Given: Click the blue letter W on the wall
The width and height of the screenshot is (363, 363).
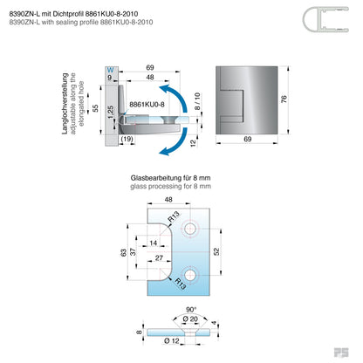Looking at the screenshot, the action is click(x=111, y=70).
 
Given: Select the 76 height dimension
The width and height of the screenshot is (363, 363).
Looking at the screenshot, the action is click(x=284, y=99).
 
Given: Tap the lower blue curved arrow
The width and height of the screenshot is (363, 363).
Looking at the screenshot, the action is click(x=175, y=142).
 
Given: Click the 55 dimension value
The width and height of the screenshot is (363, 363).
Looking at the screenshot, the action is click(x=95, y=108).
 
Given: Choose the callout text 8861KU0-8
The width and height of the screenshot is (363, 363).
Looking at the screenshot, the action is click(x=147, y=105).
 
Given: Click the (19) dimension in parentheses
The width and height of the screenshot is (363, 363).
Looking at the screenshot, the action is click(x=127, y=139).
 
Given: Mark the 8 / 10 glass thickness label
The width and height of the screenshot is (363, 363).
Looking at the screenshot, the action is click(x=197, y=101).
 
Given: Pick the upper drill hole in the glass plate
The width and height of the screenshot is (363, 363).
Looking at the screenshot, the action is click(x=189, y=229).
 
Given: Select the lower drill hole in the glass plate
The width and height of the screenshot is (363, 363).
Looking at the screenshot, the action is click(x=189, y=275).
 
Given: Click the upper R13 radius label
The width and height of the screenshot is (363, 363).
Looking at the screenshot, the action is click(x=174, y=217).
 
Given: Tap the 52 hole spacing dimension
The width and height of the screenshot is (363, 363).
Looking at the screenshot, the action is click(x=216, y=251).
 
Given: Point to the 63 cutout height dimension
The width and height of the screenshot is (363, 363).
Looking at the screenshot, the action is click(x=123, y=252).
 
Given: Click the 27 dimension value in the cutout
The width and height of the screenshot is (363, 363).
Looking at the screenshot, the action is click(x=159, y=258).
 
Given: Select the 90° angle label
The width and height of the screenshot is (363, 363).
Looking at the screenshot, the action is click(x=191, y=310).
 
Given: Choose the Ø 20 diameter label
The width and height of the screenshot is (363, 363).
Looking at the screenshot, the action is click(x=190, y=319).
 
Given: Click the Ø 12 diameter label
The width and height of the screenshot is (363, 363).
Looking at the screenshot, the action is click(x=172, y=340).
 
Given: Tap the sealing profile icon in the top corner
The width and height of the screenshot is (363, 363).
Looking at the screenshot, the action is click(x=325, y=19).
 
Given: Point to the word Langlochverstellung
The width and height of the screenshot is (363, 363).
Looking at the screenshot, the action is click(x=65, y=104).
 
